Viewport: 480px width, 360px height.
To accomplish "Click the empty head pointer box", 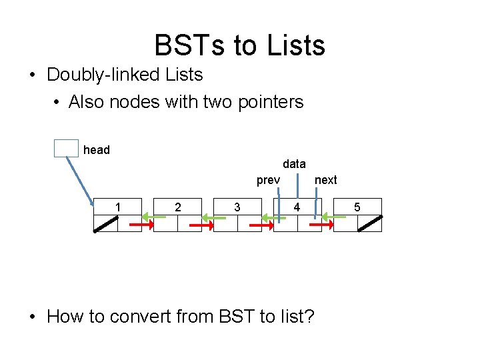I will (x=66, y=148).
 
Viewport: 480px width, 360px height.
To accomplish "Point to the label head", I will (x=97, y=150).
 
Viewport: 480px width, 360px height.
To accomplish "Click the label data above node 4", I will (x=294, y=163).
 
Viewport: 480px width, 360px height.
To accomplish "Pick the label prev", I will (x=268, y=180).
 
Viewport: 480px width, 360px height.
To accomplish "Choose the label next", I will (x=326, y=180).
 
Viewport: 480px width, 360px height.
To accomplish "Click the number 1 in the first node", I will (x=118, y=207).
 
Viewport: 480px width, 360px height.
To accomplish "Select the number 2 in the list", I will (x=177, y=207).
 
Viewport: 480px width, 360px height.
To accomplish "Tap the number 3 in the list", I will (x=237, y=207).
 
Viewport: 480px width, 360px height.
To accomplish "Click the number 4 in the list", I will (x=297, y=207).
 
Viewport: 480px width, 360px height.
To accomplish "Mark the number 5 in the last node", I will (x=357, y=207).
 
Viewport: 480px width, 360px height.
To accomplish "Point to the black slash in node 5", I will (x=370, y=224).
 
